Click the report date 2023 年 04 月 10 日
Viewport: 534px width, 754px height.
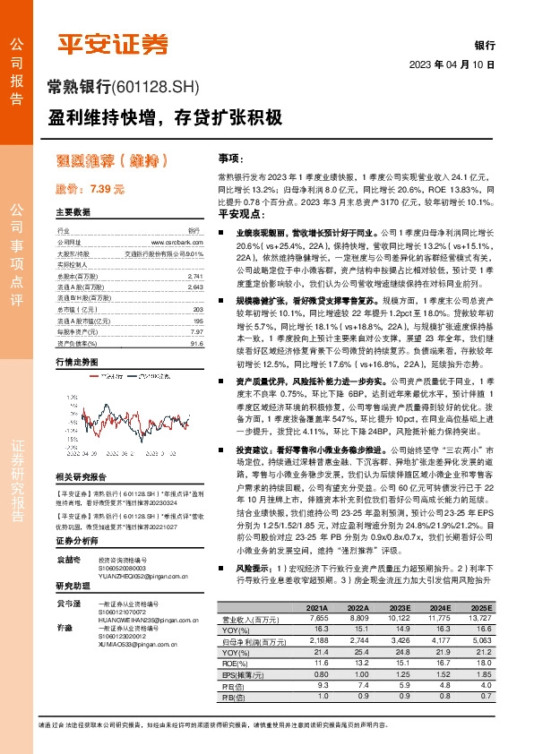pos(452,65)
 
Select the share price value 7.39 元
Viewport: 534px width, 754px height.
pos(103,189)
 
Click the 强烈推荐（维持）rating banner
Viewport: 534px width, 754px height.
pos(112,161)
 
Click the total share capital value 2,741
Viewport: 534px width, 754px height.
pos(197,278)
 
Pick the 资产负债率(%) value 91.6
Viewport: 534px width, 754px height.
pos(198,342)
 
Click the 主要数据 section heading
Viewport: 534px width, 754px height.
pos(73,212)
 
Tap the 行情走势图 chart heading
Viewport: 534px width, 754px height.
pos(76,362)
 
